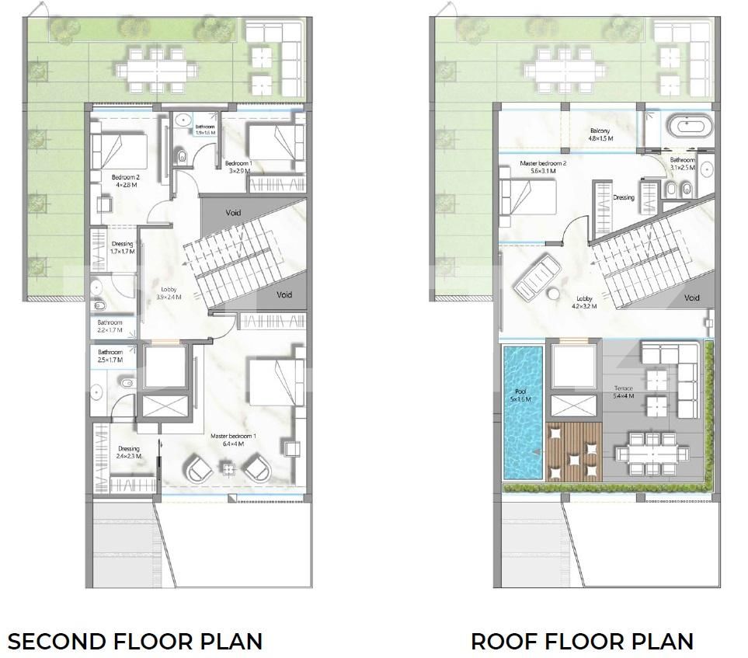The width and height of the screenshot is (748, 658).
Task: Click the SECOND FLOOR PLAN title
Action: pos(135,642)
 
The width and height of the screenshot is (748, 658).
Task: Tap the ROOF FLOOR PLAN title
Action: pos(582,642)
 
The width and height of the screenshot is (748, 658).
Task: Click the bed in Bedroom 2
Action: pos(118,148)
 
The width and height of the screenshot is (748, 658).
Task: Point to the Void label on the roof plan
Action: pos(691,298)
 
